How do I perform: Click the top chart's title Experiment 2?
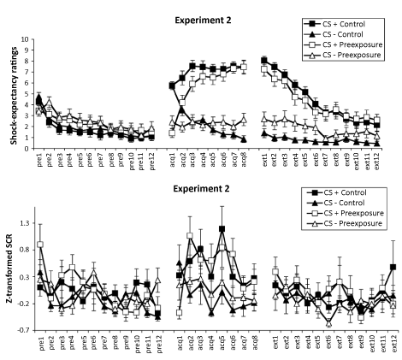click(203, 21)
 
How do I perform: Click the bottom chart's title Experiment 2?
click(201, 189)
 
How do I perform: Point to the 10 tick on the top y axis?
click(27, 39)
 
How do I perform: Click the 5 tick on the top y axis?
click(29, 94)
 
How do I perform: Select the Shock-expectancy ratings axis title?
click(14, 96)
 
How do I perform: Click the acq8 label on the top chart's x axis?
click(244, 159)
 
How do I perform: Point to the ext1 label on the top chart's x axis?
click(264, 158)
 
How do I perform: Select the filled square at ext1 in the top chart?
click(264, 60)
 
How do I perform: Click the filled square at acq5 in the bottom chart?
click(222, 229)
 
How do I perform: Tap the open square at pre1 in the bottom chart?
click(40, 245)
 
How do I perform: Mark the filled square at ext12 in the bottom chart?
click(393, 267)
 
